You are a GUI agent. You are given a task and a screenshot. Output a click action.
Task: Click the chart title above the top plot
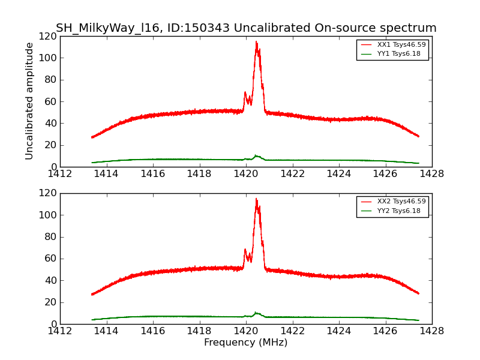246,28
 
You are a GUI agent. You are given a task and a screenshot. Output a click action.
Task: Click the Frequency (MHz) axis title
246,343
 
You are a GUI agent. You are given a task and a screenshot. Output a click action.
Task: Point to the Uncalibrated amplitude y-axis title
30,101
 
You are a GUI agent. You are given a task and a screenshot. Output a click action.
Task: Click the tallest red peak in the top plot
256,42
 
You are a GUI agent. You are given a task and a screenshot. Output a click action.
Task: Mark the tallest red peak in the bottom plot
256,199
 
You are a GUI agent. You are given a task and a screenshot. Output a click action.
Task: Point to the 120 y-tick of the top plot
48,37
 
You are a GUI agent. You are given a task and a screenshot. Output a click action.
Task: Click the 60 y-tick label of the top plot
50,101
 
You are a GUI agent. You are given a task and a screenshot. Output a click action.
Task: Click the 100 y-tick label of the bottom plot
48,215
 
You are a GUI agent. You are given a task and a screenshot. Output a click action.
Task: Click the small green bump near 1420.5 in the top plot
256,156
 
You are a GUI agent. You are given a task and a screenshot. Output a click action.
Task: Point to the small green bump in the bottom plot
256,313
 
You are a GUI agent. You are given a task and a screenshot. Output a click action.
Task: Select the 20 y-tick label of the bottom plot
50,302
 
